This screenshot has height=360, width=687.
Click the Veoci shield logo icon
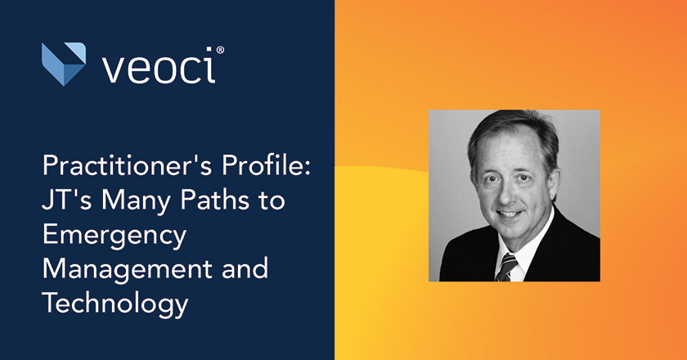[64, 64]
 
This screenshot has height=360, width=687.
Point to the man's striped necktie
[507, 266]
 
